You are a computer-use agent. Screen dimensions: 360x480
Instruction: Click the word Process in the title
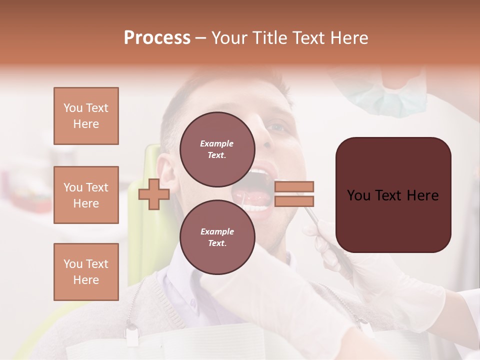157,38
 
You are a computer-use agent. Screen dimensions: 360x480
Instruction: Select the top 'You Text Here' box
86,116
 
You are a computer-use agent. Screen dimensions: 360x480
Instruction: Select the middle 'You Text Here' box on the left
86,195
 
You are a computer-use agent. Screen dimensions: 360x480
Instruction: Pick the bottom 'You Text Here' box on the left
86,272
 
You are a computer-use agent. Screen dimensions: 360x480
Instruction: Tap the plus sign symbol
153,194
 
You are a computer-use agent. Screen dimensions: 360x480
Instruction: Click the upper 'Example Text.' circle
217,149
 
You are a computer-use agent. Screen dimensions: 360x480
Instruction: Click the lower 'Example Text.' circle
217,237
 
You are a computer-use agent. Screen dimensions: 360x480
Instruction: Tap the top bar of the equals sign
294,186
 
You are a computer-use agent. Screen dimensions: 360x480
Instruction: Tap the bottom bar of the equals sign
294,201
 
